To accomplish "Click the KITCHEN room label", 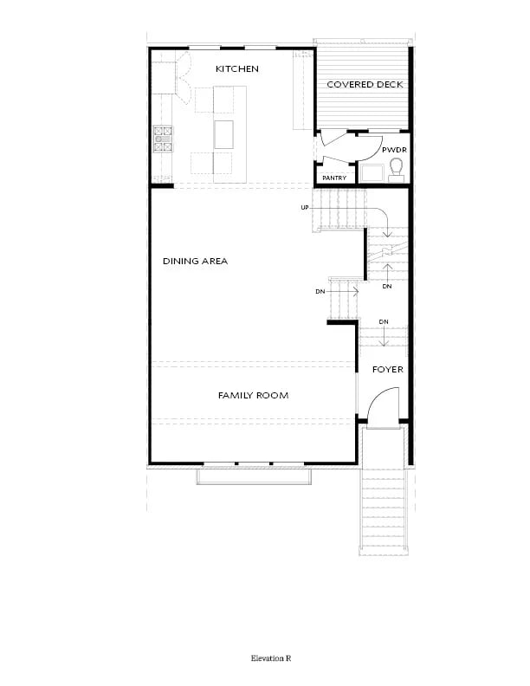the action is pyautogui.click(x=237, y=68).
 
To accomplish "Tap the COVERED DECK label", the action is pyautogui.click(x=365, y=84).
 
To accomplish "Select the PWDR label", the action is pyautogui.click(x=394, y=150).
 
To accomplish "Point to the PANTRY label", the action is pyautogui.click(x=334, y=178).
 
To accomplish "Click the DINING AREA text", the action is pyautogui.click(x=195, y=262).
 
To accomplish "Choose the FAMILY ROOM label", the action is pyautogui.click(x=253, y=396).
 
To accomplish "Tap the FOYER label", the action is pyautogui.click(x=387, y=370).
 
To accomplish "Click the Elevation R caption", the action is pyautogui.click(x=271, y=658).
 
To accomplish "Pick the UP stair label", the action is pyautogui.click(x=304, y=207).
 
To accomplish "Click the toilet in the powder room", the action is pyautogui.click(x=396, y=170).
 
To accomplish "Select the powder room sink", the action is pyautogui.click(x=371, y=172).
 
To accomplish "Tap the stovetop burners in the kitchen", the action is pyautogui.click(x=163, y=139).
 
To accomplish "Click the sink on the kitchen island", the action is pyautogui.click(x=223, y=135).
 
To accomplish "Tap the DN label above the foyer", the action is pyautogui.click(x=384, y=321).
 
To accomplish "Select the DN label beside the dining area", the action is pyautogui.click(x=320, y=291).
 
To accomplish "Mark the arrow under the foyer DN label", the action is pyautogui.click(x=384, y=336).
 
